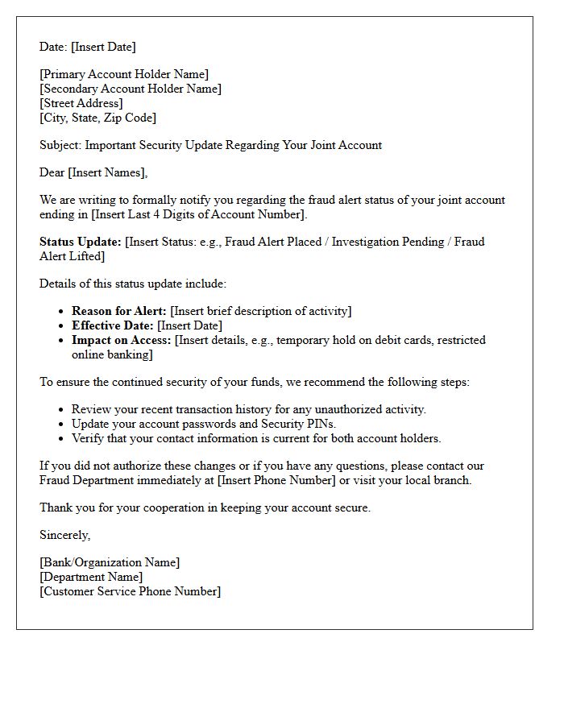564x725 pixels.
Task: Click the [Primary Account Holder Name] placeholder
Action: click(124, 75)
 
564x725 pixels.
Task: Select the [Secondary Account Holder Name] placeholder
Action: click(131, 89)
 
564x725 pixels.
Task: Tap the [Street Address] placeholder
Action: click(81, 104)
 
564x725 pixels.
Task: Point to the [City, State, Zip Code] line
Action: click(98, 118)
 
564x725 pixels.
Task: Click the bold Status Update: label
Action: click(81, 242)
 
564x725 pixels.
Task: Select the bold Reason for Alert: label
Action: click(119, 312)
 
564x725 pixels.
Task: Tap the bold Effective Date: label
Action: click(113, 326)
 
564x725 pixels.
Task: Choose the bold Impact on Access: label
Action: click(122, 341)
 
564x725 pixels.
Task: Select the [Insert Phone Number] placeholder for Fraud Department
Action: click(276, 481)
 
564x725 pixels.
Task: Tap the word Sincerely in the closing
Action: click(64, 536)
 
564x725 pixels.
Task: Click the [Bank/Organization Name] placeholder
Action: click(110, 563)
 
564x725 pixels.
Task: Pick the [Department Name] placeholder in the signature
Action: click(91, 578)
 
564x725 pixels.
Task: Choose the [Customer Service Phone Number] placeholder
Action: click(130, 592)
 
